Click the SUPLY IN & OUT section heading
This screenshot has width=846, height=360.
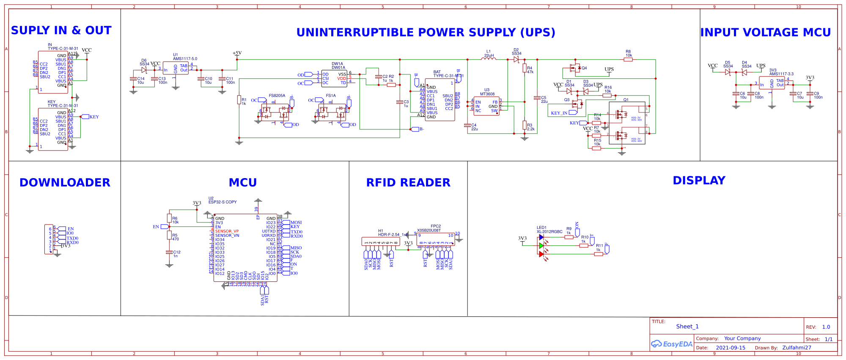click(x=61, y=31)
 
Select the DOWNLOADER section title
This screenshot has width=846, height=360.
click(x=65, y=183)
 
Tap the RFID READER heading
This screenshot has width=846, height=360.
click(x=408, y=183)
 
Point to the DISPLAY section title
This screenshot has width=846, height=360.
click(x=699, y=181)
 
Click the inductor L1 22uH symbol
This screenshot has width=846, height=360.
click(x=489, y=59)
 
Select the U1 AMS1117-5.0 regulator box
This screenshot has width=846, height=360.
click(x=176, y=69)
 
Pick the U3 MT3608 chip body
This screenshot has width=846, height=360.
click(x=486, y=106)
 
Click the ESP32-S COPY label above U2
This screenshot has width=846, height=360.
click(x=222, y=202)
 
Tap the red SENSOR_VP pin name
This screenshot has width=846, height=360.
click(x=227, y=231)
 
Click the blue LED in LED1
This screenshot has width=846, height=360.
click(x=541, y=237)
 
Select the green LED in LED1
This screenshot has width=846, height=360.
click(x=541, y=245)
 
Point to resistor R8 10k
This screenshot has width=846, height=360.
click(x=628, y=60)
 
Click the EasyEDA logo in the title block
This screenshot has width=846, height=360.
click(x=672, y=344)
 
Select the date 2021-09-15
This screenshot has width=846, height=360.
click(x=731, y=348)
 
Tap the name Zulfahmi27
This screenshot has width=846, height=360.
click(x=797, y=348)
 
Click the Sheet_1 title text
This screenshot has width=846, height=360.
click(x=687, y=327)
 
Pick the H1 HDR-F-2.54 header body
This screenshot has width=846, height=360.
click(x=381, y=242)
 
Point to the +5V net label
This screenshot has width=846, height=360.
click(x=237, y=53)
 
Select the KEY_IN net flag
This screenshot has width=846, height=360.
click(x=559, y=113)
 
